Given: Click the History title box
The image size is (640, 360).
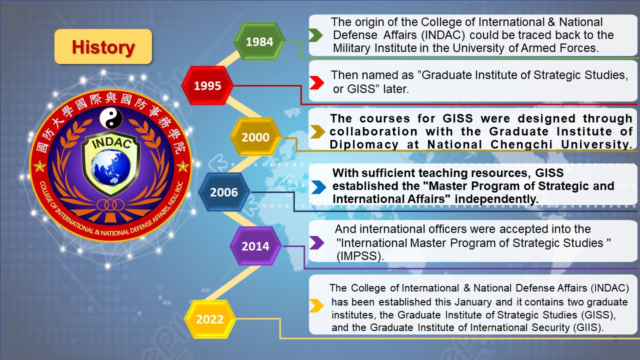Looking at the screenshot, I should [103, 46].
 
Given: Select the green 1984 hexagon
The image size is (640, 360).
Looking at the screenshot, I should [259, 41].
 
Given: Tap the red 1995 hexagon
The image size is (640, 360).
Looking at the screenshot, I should [207, 85].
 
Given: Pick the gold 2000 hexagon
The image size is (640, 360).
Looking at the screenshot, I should [255, 137].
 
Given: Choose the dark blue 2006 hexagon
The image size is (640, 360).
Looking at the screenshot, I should [224, 192].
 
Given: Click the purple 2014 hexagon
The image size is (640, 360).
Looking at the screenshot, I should [255, 246].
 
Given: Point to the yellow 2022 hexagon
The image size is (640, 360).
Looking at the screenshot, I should [210, 319].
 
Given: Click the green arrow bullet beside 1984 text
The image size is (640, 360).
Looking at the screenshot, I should [315, 35].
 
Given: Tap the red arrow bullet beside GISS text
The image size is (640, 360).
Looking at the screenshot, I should [316, 82].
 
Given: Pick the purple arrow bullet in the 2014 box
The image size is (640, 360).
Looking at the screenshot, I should [316, 242].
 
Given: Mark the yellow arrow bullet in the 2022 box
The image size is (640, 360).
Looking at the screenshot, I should [316, 305].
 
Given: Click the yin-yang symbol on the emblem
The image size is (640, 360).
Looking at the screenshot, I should [110, 118].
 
